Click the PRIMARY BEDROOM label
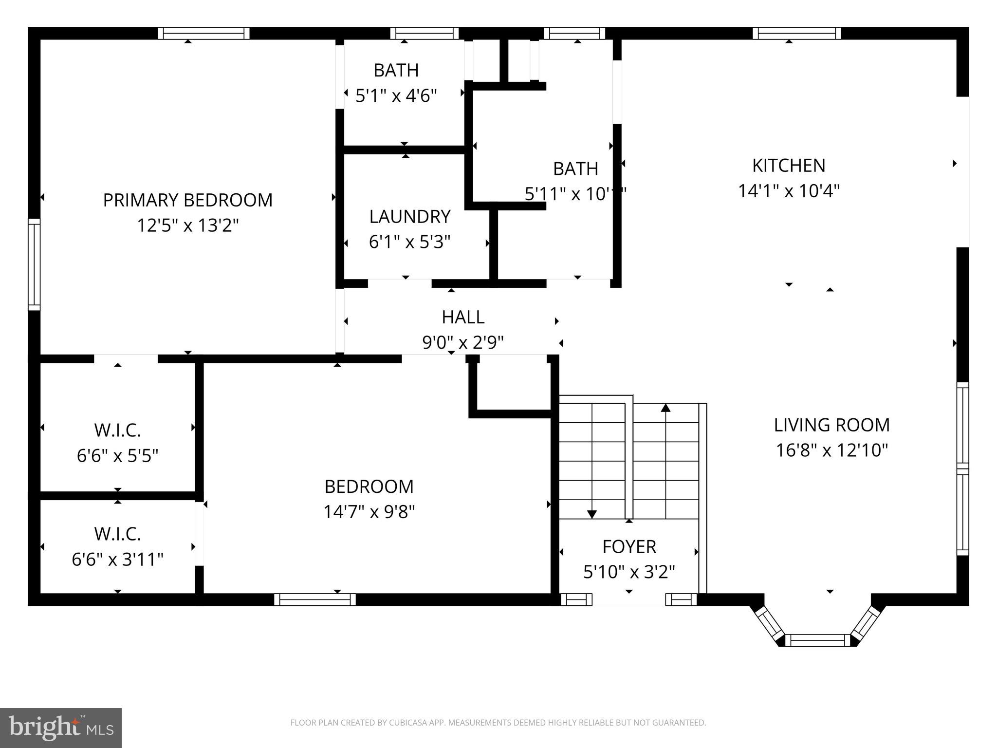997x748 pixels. [187, 200]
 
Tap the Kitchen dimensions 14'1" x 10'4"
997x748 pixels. [789, 191]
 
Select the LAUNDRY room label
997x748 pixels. [409, 217]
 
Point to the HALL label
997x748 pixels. [463, 317]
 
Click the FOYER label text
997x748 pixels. [629, 546]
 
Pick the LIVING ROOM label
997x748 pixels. [831, 425]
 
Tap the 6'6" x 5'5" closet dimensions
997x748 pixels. [118, 456]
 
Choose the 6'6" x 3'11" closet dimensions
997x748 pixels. [117, 559]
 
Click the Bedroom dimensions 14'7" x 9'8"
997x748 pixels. [369, 512]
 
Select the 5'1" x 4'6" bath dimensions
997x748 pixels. [396, 95]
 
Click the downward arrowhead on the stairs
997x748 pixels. [591, 514]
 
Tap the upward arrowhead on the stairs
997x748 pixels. [665, 408]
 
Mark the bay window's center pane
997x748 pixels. [817, 640]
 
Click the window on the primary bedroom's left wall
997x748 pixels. [34, 264]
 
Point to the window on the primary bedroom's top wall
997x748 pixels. [203, 33]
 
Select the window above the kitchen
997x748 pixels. [796, 33]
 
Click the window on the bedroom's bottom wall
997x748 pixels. [314, 599]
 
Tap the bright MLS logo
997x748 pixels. [60, 728]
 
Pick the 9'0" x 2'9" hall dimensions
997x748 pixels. [462, 343]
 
